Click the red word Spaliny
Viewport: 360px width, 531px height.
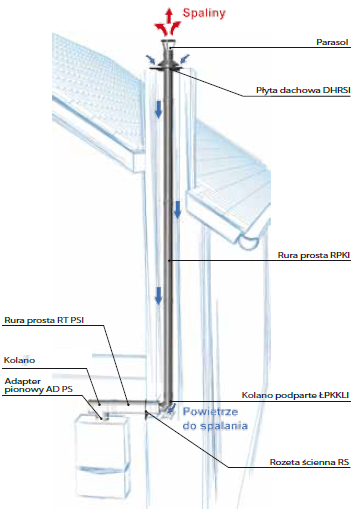click(x=204, y=13)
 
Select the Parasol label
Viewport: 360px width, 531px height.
click(x=332, y=42)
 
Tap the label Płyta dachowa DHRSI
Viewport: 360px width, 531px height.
click(x=303, y=90)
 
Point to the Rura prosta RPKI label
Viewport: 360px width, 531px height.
click(x=314, y=255)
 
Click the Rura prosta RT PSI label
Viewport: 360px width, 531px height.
click(x=44, y=320)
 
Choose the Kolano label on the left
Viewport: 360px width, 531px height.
click(x=19, y=360)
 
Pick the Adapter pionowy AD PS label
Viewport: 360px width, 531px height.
click(x=38, y=385)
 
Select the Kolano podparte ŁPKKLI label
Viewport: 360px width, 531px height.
click(x=295, y=395)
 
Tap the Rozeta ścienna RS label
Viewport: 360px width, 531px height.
click(x=309, y=462)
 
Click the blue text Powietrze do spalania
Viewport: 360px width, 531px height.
click(x=215, y=419)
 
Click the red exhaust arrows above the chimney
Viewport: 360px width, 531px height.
click(x=168, y=22)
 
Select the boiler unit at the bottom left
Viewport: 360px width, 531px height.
click(x=102, y=455)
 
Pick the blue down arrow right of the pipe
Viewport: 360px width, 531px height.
click(x=177, y=209)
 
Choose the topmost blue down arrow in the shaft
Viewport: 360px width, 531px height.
click(x=158, y=109)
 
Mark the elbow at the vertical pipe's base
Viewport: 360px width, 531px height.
click(x=167, y=404)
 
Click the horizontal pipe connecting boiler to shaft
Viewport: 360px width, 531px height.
click(x=125, y=406)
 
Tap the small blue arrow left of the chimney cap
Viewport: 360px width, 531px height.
click(x=150, y=60)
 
